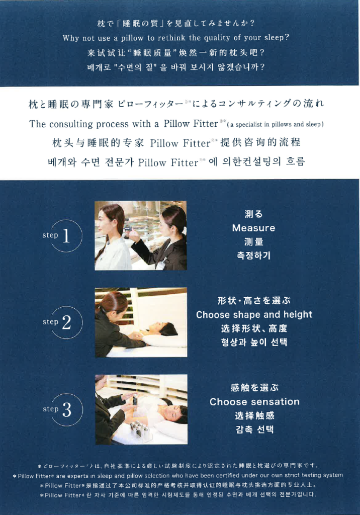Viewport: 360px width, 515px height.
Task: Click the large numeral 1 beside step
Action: pyautogui.click(x=66, y=236)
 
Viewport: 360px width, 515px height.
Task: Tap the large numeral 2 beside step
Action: pyautogui.click(x=66, y=322)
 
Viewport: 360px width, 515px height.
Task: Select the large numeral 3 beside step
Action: pyautogui.click(x=67, y=409)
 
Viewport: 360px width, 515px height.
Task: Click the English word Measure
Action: pyautogui.click(x=253, y=228)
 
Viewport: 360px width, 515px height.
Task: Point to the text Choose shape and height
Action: pyautogui.click(x=254, y=315)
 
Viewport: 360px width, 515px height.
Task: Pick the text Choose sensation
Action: pyautogui.click(x=254, y=402)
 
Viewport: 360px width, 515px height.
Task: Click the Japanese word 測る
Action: pyautogui.click(x=253, y=214)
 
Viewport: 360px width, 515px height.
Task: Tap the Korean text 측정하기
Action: pyautogui.click(x=253, y=255)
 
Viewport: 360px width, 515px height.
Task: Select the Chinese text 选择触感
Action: pyautogui.click(x=254, y=416)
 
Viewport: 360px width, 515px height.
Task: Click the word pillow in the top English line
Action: pyautogui.click(x=132, y=38)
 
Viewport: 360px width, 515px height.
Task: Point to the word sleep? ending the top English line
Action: pyautogui.click(x=277, y=38)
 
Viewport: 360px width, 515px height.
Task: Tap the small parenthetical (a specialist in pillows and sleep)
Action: pyautogui.click(x=275, y=125)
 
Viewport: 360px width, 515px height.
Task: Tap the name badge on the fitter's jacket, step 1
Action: pyautogui.click(x=160, y=264)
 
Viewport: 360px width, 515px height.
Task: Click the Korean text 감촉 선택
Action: pyautogui.click(x=254, y=430)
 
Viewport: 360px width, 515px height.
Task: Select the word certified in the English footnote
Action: pyautogui.click(x=227, y=476)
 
